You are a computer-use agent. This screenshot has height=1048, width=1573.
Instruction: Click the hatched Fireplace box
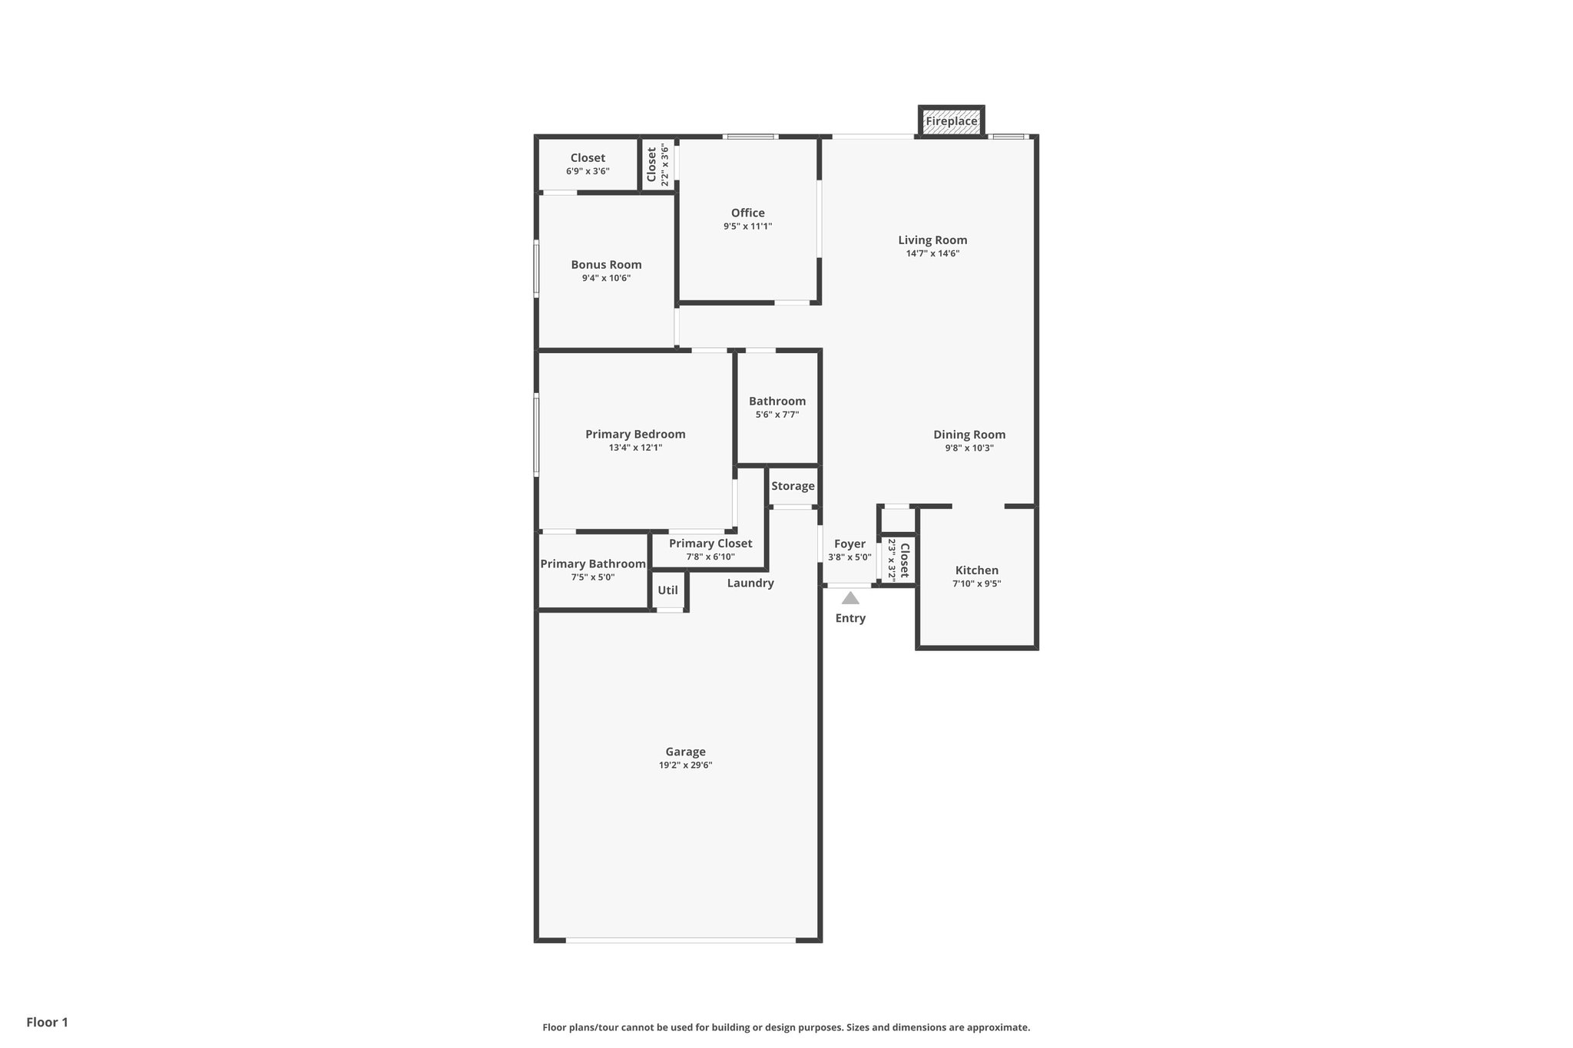pos(951,121)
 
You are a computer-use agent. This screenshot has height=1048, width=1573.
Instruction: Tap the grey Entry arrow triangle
pos(850,598)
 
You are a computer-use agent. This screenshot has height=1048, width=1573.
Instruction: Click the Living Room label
pos(932,240)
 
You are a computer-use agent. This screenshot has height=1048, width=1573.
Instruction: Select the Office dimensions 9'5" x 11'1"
pos(747,226)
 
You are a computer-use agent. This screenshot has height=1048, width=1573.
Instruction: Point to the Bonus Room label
pos(606,265)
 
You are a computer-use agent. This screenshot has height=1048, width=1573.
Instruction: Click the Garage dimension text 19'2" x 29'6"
pos(685,765)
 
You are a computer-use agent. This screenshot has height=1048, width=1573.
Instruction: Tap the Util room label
pos(667,590)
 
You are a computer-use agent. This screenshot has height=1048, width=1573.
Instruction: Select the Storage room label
pos(793,486)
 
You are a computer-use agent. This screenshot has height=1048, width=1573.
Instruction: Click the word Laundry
pos(750,584)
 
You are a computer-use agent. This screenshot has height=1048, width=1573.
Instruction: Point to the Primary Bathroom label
pos(592,564)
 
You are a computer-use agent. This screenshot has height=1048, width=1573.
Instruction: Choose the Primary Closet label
pos(710,544)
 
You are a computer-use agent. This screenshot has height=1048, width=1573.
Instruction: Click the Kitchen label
pos(976,570)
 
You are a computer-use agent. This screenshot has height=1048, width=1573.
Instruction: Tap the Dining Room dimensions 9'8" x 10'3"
pos(969,448)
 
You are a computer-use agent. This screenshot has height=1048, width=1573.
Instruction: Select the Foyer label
pos(849,544)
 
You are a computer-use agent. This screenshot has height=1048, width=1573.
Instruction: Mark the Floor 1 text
pos(47,1023)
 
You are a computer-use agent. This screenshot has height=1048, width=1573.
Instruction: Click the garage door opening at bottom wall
pos(681,940)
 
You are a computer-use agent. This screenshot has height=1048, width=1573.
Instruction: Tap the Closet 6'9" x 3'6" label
pos(588,158)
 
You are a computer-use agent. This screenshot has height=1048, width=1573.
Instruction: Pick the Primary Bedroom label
pos(635,435)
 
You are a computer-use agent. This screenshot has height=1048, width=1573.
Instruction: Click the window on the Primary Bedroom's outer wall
pos(536,435)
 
